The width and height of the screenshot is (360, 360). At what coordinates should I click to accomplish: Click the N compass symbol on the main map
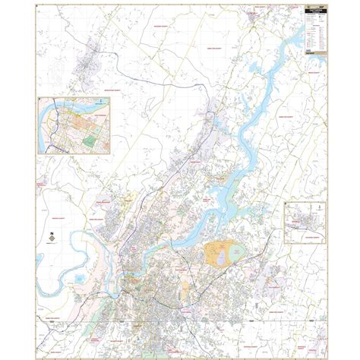tap(51, 236)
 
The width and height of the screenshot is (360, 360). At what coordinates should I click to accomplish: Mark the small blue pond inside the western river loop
tap(81, 280)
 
